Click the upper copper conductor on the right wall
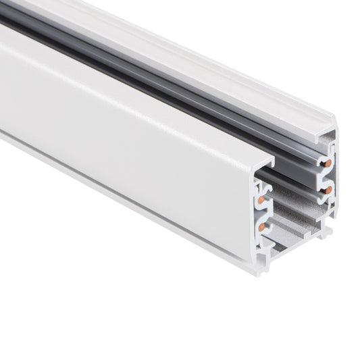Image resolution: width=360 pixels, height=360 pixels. click(328, 163)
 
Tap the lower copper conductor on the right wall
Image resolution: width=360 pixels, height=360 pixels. click(328, 190)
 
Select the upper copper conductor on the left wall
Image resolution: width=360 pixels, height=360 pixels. click(261, 200)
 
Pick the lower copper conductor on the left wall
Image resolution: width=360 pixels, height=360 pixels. click(261, 228)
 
